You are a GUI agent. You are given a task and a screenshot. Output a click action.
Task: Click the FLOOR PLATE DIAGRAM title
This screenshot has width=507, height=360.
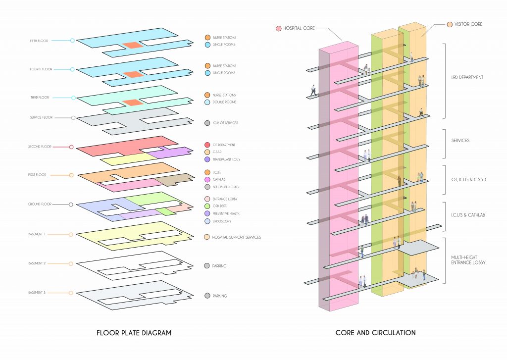(134, 333)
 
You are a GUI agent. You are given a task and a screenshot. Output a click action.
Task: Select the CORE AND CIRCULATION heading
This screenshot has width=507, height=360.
(375, 333)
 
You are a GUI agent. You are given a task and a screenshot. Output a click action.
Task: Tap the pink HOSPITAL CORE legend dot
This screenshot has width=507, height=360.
(279, 28)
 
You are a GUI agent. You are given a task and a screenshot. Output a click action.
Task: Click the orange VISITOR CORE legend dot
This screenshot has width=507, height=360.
(449, 24)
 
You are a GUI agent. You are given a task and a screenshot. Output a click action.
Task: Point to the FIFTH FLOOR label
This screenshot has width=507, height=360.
(39, 41)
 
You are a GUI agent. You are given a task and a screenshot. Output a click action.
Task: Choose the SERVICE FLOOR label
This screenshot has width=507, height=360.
(41, 118)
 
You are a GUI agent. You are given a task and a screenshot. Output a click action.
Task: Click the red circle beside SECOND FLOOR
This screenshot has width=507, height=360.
(72, 147)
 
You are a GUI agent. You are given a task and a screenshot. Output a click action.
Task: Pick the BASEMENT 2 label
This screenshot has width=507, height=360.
(37, 263)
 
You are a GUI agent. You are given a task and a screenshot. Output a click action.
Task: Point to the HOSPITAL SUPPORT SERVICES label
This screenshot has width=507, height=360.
(236, 237)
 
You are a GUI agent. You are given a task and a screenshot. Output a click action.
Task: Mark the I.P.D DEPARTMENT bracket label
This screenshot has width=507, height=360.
(467, 78)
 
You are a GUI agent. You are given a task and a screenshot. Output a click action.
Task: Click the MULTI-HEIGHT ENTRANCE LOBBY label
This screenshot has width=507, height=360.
(467, 259)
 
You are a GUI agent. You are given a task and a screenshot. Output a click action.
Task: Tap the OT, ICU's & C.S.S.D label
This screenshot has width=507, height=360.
(469, 179)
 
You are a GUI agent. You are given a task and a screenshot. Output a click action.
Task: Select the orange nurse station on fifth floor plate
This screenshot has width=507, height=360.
(133, 45)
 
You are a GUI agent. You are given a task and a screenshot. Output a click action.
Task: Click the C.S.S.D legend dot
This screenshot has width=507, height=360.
(207, 153)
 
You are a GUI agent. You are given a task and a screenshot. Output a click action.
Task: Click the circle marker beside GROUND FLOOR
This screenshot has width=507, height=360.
(71, 205)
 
